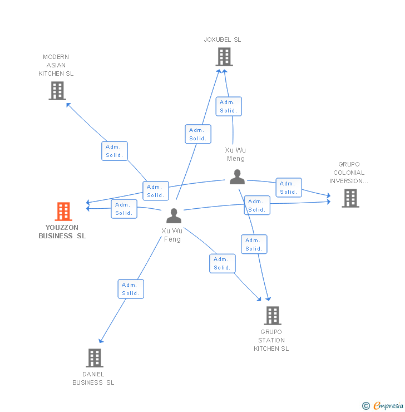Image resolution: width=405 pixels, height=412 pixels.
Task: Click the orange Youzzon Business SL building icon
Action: pos(63,212)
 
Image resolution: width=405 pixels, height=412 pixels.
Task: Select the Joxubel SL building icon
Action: pos(224,57)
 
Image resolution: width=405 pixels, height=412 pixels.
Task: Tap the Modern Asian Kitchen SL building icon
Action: pos(57,91)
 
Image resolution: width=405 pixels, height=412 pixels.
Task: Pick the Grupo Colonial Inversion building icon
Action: pos(350,198)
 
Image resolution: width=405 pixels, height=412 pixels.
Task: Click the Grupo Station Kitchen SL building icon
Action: pos(272,316)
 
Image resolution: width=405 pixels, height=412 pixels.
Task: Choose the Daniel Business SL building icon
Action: pos(95,358)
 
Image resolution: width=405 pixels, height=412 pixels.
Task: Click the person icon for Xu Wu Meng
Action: pos(237,177)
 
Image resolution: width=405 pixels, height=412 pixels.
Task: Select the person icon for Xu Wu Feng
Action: pos(174,215)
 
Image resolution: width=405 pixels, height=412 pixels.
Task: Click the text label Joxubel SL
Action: pos(223,40)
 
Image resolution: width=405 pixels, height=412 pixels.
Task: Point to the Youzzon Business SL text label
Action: pos(62,232)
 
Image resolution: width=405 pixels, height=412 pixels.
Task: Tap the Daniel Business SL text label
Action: pos(93,379)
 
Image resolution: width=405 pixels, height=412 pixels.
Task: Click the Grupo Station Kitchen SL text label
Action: pos(271,340)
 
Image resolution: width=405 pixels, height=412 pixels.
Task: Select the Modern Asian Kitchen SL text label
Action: pos(56,65)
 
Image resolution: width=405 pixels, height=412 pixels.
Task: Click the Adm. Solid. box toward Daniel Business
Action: pos(131,289)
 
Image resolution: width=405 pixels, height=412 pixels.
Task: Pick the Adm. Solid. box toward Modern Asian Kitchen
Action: pos(115,151)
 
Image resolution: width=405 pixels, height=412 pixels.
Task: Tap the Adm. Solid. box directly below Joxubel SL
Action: pos(229,106)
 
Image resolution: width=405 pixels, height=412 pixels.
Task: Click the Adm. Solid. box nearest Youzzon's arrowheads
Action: pos(124,209)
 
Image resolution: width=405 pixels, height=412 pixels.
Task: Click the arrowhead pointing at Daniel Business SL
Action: pos(101,341)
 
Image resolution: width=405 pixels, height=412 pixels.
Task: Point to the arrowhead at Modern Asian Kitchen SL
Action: pos(68,104)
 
